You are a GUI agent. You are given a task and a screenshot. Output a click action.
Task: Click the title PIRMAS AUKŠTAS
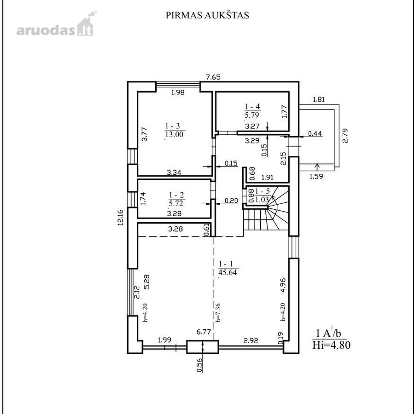207,15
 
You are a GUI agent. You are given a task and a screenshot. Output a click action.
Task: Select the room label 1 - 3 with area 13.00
175,130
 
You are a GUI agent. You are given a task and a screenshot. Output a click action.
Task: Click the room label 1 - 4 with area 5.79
252,111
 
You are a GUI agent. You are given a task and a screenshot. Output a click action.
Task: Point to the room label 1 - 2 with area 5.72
176,199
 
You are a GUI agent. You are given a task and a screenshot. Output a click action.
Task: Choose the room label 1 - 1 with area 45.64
228,268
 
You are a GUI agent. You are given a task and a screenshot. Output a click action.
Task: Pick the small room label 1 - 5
262,195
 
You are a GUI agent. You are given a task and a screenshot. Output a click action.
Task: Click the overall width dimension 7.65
213,77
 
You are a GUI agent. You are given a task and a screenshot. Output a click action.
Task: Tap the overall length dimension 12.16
121,217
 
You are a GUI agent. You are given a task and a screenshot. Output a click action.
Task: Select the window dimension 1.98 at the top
178,92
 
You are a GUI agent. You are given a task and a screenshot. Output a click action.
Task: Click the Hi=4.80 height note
331,345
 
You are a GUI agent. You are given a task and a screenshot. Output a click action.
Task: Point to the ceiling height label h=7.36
218,312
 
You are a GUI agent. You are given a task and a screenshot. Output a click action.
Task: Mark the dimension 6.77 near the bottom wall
203,332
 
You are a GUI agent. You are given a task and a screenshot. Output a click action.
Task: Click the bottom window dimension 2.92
251,340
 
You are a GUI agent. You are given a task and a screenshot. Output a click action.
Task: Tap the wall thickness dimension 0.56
200,365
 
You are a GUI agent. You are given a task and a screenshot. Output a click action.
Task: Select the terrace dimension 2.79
345,136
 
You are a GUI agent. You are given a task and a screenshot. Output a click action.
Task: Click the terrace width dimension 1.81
319,100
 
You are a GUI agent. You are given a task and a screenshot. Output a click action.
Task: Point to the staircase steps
266,212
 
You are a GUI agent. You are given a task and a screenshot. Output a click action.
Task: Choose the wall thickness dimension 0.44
315,133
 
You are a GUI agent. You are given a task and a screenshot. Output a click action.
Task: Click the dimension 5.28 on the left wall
146,282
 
